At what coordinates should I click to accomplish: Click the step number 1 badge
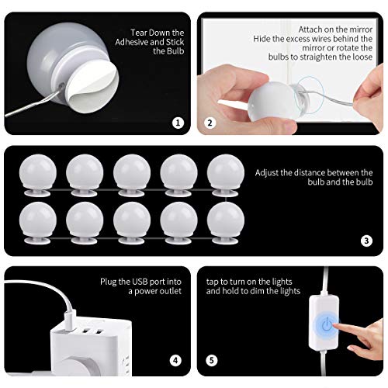pyautogui.click(x=178, y=123)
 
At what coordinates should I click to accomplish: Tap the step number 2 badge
pyautogui.click(x=210, y=123)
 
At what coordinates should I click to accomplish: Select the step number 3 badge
pyautogui.click(x=366, y=241)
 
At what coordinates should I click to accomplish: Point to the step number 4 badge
pyautogui.click(x=175, y=360)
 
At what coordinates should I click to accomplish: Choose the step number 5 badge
pyautogui.click(x=212, y=360)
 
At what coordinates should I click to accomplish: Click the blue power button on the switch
pyautogui.click(x=327, y=325)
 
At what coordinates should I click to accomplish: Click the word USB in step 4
pyautogui.click(x=140, y=282)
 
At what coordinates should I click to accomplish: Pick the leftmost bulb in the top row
pyautogui.click(x=38, y=175)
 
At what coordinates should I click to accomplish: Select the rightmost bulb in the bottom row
pyautogui.click(x=226, y=223)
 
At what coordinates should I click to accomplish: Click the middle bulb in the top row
pyautogui.click(x=132, y=175)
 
